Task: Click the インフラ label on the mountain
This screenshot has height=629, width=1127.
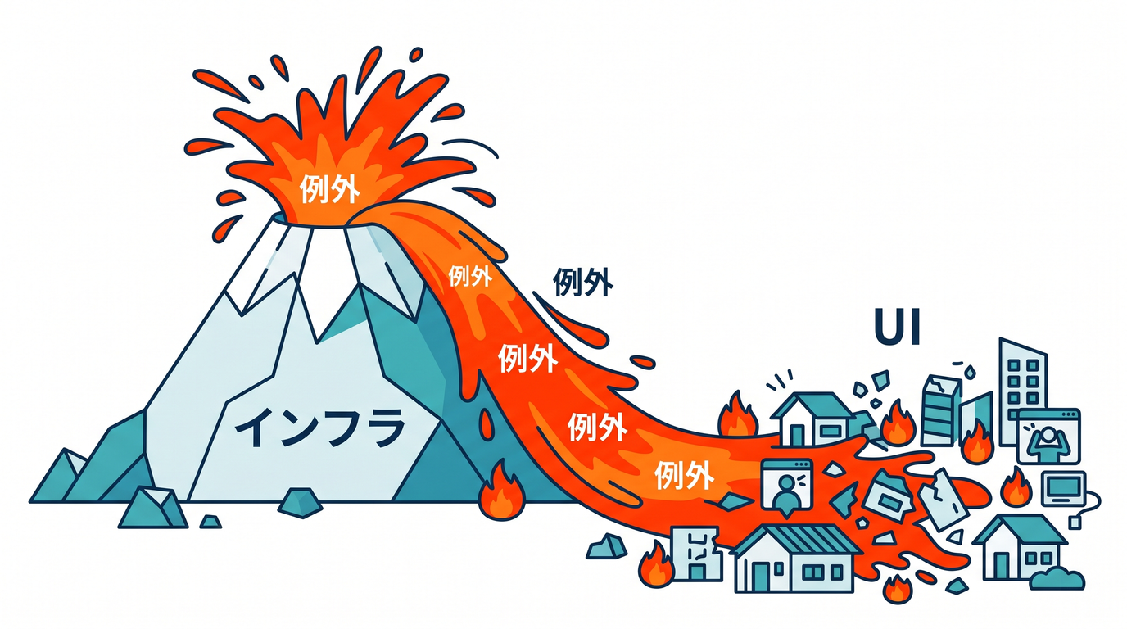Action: [319, 428]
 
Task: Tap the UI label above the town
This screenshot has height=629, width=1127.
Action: [898, 327]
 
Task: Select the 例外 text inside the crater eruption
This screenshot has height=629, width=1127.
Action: [329, 189]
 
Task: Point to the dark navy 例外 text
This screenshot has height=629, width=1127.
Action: [583, 282]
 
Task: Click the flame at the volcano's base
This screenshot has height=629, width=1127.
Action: [501, 492]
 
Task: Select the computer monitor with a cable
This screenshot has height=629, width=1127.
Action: [1063, 488]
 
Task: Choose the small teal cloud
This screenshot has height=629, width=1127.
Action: [1057, 579]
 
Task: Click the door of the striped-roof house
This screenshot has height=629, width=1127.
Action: [761, 577]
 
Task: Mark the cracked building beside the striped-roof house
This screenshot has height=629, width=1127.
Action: [697, 554]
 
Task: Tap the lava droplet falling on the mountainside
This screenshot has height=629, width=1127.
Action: [486, 423]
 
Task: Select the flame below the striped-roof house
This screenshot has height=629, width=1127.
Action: [898, 589]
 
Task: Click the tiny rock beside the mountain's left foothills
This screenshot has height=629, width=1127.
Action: [210, 522]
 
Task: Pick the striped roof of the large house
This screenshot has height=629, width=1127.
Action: [796, 539]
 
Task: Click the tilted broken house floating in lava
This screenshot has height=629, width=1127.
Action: [887, 496]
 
